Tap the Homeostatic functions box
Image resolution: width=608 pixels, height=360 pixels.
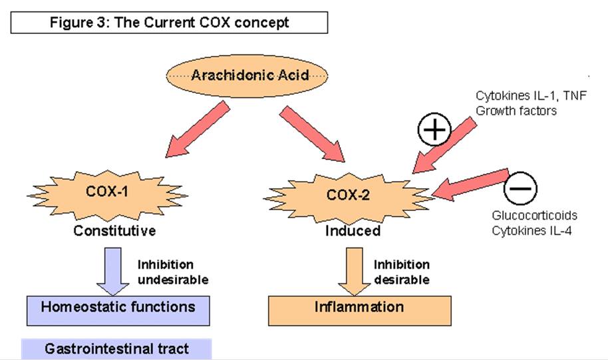pos(118,307)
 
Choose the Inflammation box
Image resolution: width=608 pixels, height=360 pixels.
pos(359,308)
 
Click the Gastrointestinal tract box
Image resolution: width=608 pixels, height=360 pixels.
pos(116,349)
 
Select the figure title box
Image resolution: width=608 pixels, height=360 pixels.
pos(169,22)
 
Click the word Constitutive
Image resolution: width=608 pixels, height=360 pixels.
pos(115,232)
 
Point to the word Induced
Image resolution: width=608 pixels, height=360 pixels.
pos(353,232)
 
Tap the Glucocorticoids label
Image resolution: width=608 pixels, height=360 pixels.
pos(534,216)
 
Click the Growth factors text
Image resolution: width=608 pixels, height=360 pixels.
pos(516,110)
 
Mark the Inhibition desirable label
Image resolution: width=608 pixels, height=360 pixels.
pos(402,271)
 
